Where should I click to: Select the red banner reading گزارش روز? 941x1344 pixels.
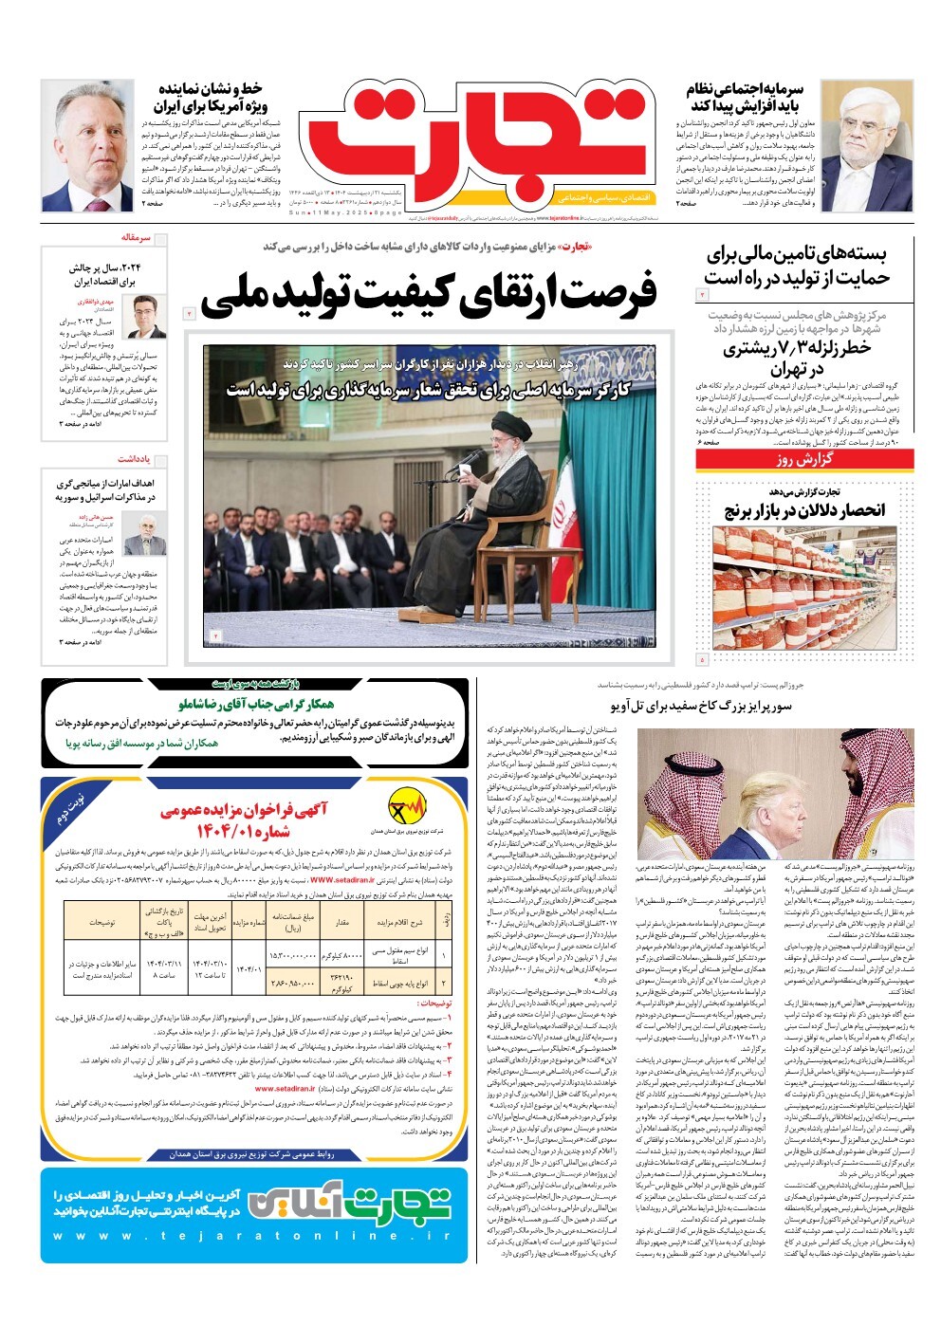(804, 460)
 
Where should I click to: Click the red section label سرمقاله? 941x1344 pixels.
(137, 237)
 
